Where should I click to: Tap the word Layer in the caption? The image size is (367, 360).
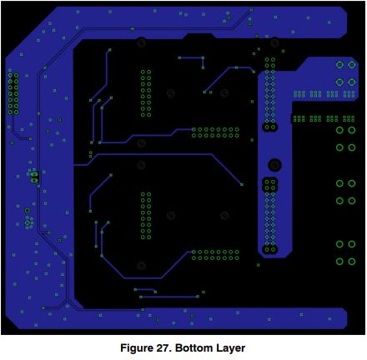pyautogui.click(x=230, y=348)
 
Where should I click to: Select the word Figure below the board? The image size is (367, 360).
pyautogui.click(x=137, y=348)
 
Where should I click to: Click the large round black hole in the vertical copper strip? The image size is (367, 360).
pyautogui.click(x=274, y=165)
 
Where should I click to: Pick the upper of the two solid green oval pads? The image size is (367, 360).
pyautogui.click(x=34, y=174)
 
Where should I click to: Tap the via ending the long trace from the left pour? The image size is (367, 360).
pyautogui.click(x=242, y=184)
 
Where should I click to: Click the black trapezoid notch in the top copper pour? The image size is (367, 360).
pyautogui.click(x=199, y=36)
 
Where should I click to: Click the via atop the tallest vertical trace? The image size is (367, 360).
pyautogui.click(x=109, y=50)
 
